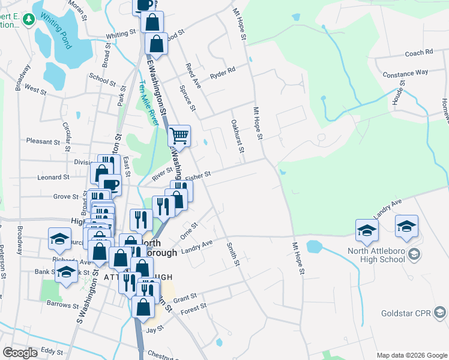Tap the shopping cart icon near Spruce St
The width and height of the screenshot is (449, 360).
coord(179,136)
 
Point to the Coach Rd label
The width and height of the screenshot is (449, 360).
coord(419,53)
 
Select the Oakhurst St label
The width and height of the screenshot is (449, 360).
coord(236,136)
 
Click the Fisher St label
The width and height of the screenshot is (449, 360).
coord(198,176)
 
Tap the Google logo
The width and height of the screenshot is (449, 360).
coord(20,353)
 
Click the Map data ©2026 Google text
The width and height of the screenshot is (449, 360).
coord(411,355)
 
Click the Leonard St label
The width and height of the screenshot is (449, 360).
coord(53,177)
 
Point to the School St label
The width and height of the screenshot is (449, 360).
coord(102,78)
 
